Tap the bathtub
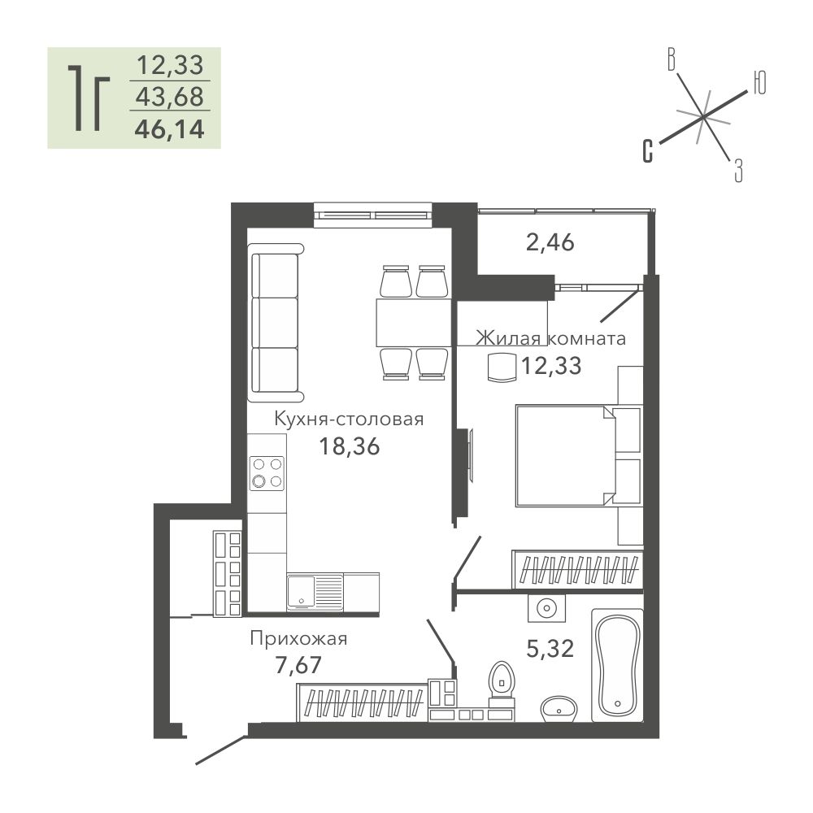(x=617, y=665)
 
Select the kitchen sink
(x=315, y=592)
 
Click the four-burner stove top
(x=267, y=473)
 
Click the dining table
(x=414, y=322)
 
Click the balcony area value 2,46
(x=550, y=242)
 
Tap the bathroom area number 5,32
(x=550, y=649)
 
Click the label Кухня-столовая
(x=349, y=419)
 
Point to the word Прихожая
(x=298, y=638)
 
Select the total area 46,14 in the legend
(x=170, y=129)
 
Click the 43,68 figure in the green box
(x=170, y=97)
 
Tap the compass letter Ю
(x=759, y=82)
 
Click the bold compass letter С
(x=648, y=151)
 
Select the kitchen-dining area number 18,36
(x=349, y=446)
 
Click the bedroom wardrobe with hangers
(x=577, y=570)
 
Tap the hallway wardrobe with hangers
(x=363, y=702)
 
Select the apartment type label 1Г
(x=88, y=98)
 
